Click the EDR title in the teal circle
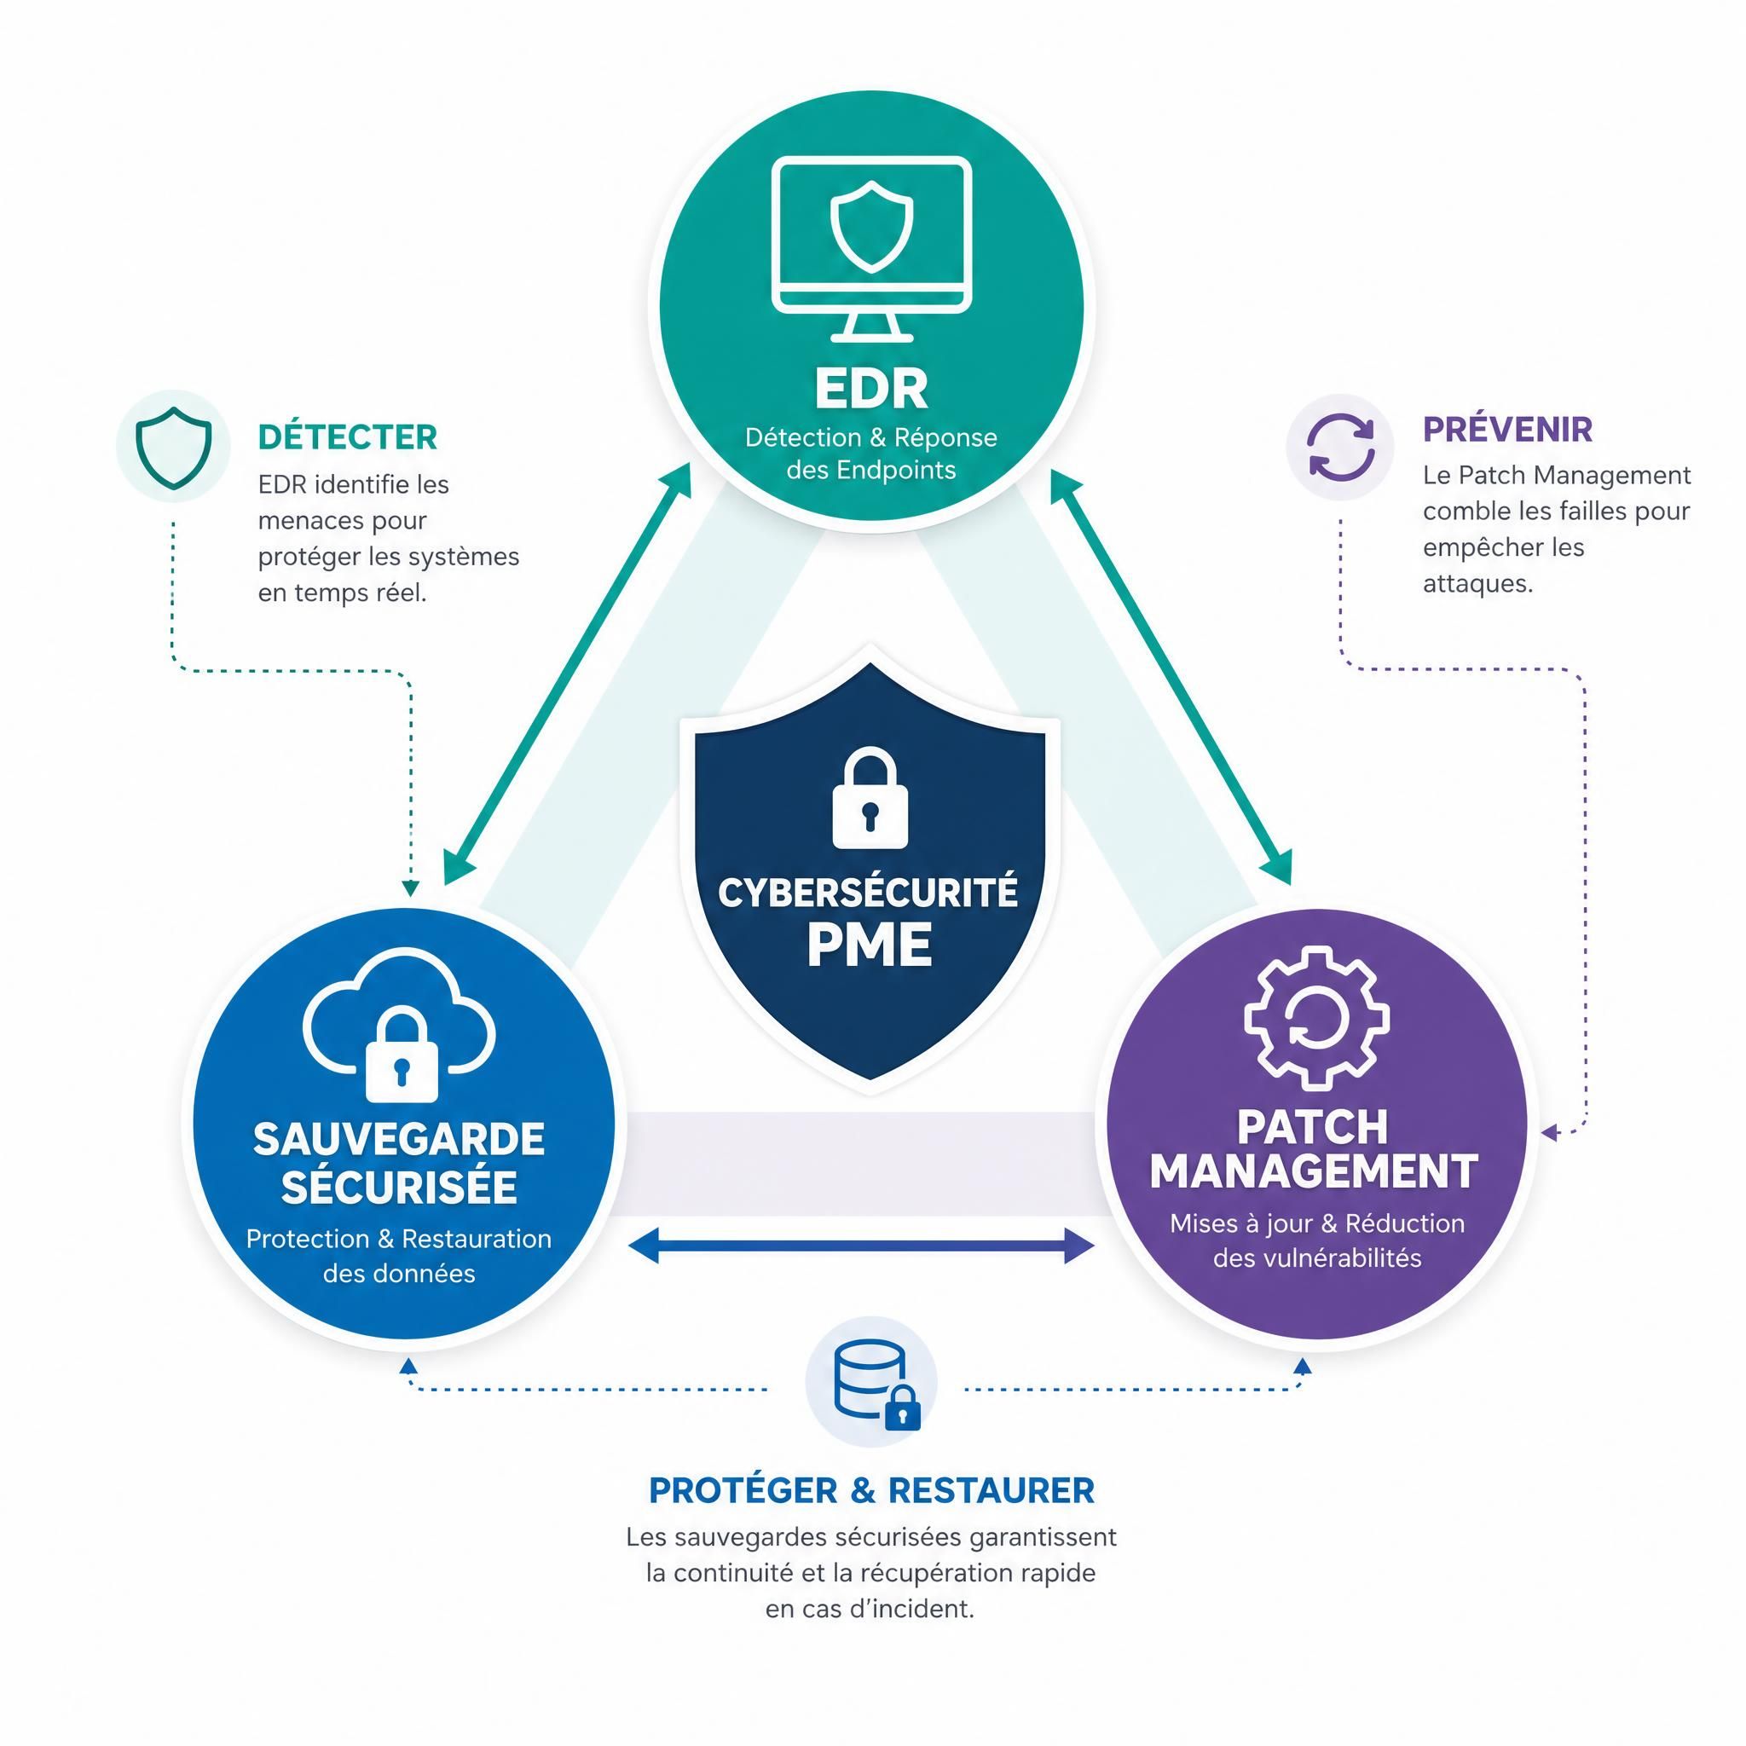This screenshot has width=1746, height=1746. tap(871, 389)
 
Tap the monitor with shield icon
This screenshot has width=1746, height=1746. tap(871, 249)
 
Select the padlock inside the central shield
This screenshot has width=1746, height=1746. tap(870, 797)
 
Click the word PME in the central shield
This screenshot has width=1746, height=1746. tap(870, 945)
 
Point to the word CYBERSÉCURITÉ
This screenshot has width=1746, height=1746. tap(869, 892)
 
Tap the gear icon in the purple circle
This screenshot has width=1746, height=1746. tap(1315, 1018)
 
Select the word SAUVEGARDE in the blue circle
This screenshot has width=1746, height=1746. tap(400, 1139)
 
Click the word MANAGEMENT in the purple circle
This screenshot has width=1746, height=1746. tap(1314, 1171)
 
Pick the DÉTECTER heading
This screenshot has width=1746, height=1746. tap(348, 437)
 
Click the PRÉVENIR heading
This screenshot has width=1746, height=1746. tap(1507, 430)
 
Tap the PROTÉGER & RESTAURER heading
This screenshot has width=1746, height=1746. tap(871, 1490)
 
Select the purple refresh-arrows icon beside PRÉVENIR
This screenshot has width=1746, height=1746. tap(1342, 447)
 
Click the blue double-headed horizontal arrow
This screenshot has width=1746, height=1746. tap(861, 1246)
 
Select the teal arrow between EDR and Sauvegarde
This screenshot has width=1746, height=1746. tap(568, 674)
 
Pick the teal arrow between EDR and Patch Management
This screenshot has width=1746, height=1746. tap(1171, 676)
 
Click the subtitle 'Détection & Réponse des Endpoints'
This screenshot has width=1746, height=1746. tap(871, 454)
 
